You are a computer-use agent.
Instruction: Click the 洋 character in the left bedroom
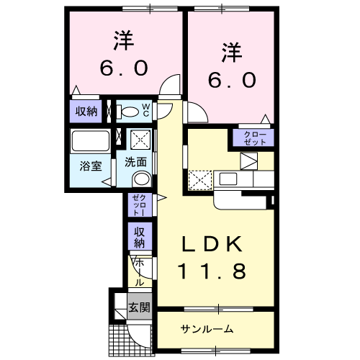[123, 40]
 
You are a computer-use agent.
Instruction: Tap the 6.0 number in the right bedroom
[231, 81]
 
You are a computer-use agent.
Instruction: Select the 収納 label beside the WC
[87, 111]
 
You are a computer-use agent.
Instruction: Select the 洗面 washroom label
[136, 161]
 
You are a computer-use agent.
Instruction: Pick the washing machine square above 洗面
[138, 138]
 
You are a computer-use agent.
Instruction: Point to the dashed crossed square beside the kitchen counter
[197, 178]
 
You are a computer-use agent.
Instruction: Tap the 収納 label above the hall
[140, 237]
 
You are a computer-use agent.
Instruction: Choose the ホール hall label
[140, 273]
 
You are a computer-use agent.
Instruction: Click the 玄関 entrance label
[139, 308]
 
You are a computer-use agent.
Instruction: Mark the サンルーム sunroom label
[207, 329]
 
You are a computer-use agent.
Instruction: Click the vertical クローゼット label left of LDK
[139, 206]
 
